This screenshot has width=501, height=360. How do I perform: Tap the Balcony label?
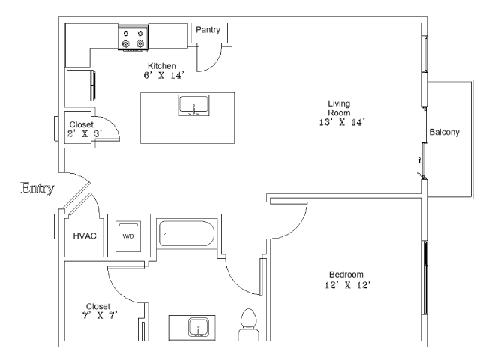444,133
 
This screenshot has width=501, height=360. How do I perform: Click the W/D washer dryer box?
127,235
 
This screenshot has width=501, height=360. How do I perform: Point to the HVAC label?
85,235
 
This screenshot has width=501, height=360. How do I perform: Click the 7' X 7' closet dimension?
98,316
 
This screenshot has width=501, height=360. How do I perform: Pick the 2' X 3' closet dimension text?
83,133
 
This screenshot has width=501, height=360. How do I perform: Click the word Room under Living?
340,112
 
